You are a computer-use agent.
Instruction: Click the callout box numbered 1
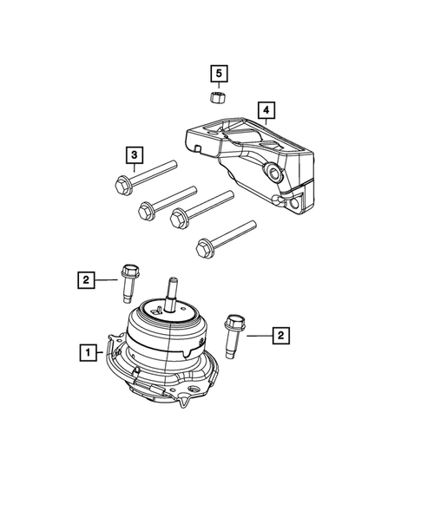pyautogui.click(x=87, y=352)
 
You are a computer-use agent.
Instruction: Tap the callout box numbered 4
pyautogui.click(x=266, y=110)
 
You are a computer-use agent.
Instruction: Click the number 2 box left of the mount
pyautogui.click(x=86, y=279)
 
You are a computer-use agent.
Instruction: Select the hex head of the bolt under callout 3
pyautogui.click(x=122, y=183)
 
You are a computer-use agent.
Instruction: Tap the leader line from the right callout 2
pyautogui.click(x=257, y=333)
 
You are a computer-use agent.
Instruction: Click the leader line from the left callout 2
pyautogui.click(x=106, y=279)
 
